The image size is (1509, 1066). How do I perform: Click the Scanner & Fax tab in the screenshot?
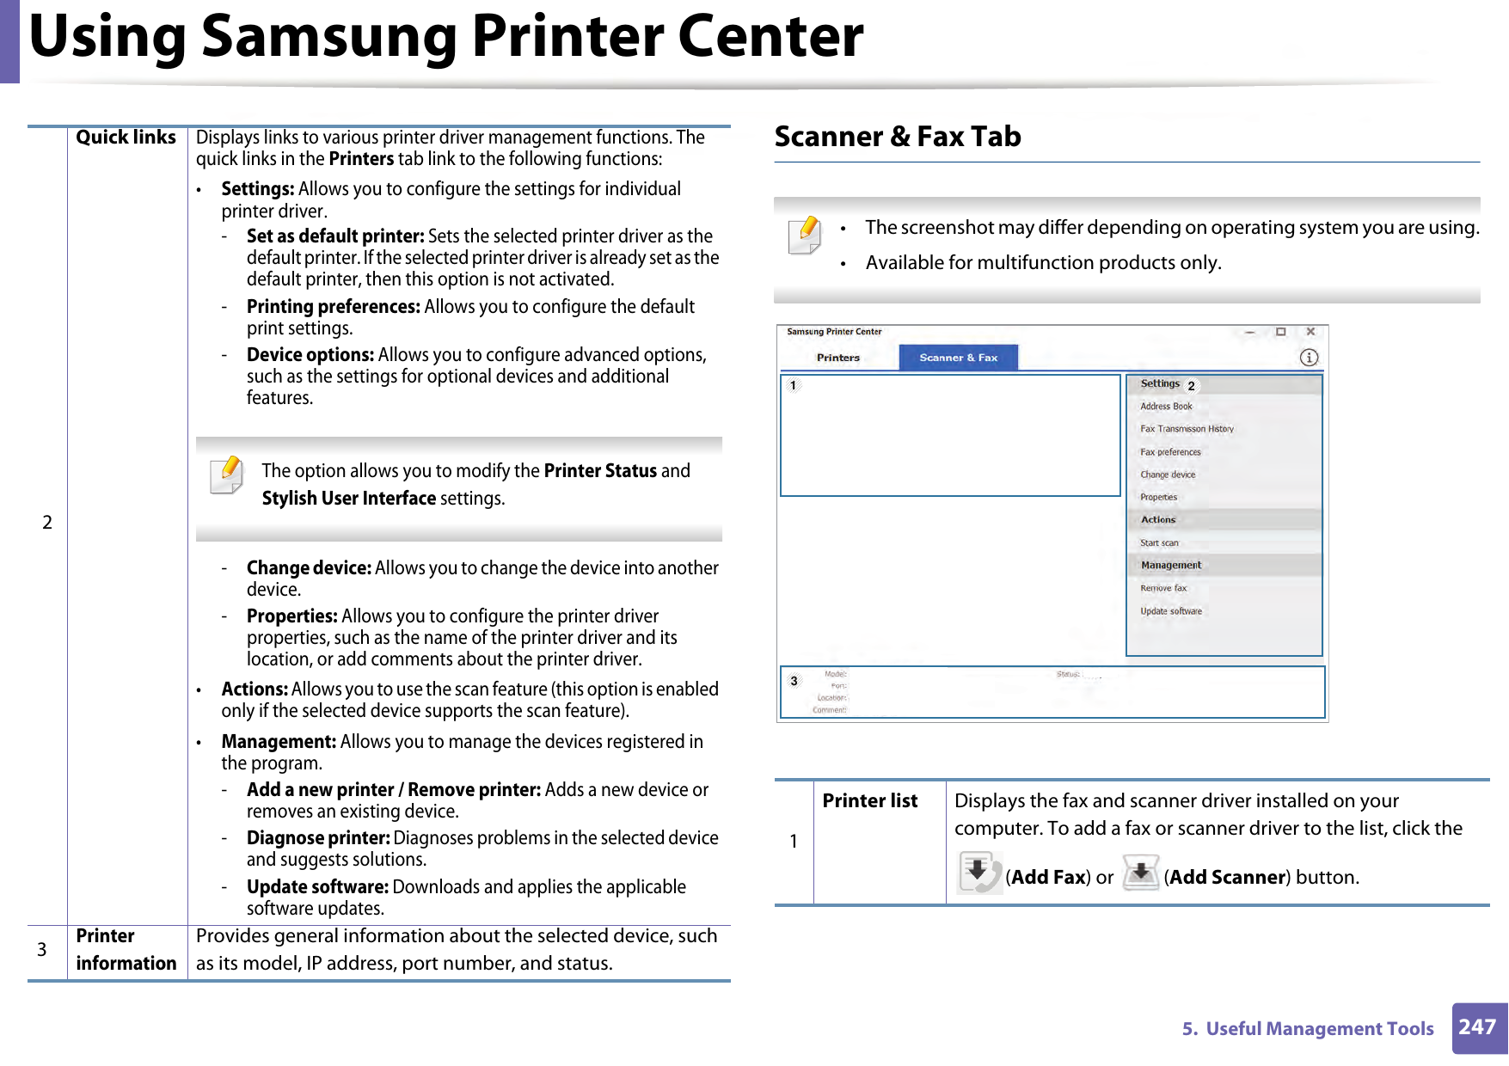(x=958, y=358)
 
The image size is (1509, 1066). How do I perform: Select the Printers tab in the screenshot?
(x=837, y=358)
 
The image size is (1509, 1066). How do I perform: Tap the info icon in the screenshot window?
(x=1309, y=358)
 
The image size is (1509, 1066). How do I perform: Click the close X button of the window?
(x=1310, y=332)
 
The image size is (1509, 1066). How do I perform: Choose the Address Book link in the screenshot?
(x=1166, y=407)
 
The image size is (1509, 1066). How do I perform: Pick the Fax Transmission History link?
(x=1187, y=429)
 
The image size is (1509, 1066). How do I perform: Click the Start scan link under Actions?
(x=1159, y=543)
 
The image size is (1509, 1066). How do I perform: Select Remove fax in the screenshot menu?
(x=1162, y=589)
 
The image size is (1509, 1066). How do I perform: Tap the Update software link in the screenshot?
(x=1171, y=611)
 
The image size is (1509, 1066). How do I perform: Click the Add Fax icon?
(x=979, y=873)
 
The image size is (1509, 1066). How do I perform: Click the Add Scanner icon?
(x=1141, y=873)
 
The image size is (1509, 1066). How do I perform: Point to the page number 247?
(x=1477, y=1027)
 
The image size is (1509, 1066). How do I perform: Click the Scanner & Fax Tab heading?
(x=898, y=137)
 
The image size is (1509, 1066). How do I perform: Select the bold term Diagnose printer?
(x=318, y=838)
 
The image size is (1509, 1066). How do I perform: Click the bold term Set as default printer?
(x=335, y=236)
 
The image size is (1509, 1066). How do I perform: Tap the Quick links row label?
(x=126, y=138)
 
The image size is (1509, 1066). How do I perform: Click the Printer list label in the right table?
(x=870, y=801)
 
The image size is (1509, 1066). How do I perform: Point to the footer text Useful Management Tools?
(x=1319, y=1029)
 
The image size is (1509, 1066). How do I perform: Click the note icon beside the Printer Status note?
(x=227, y=475)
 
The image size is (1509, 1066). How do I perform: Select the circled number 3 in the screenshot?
(x=794, y=681)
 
